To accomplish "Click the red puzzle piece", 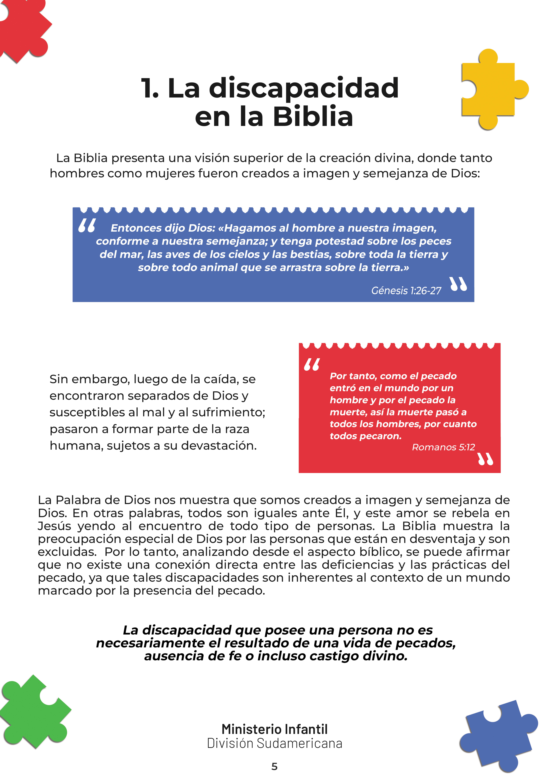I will click(x=22, y=29).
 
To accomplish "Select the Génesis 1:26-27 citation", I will click(x=406, y=291).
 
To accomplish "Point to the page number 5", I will click(x=274, y=767).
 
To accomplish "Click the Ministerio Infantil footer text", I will click(x=274, y=729).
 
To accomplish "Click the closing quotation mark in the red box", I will click(x=485, y=459).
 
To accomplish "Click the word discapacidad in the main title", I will click(x=304, y=89).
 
